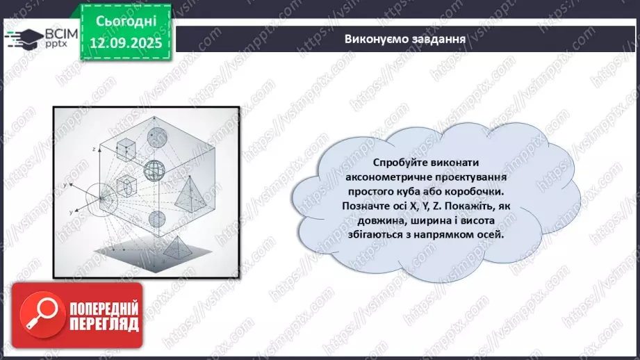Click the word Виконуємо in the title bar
click(x=373, y=38)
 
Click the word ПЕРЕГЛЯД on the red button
click(x=104, y=324)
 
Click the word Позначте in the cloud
click(x=366, y=206)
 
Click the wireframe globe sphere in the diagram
click(x=153, y=169)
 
